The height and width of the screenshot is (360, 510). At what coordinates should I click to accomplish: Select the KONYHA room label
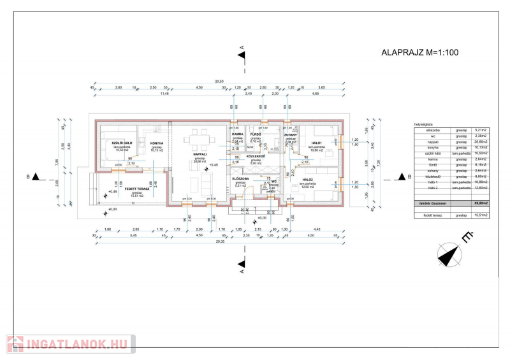(x=157, y=143)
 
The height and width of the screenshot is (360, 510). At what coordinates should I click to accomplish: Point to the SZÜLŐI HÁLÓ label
(x=122, y=143)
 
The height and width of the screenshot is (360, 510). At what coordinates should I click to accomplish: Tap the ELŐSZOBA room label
(x=240, y=179)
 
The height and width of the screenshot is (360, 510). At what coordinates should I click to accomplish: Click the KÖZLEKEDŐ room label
(x=256, y=156)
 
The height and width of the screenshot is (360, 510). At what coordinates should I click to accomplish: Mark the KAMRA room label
(x=238, y=134)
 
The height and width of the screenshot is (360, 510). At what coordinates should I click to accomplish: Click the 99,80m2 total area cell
(x=481, y=203)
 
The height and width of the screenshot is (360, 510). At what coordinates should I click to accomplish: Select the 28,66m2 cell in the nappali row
(x=481, y=141)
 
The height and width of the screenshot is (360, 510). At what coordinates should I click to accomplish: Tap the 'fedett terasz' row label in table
(x=433, y=215)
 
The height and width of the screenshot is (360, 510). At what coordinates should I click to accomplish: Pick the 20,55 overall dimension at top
(x=219, y=82)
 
